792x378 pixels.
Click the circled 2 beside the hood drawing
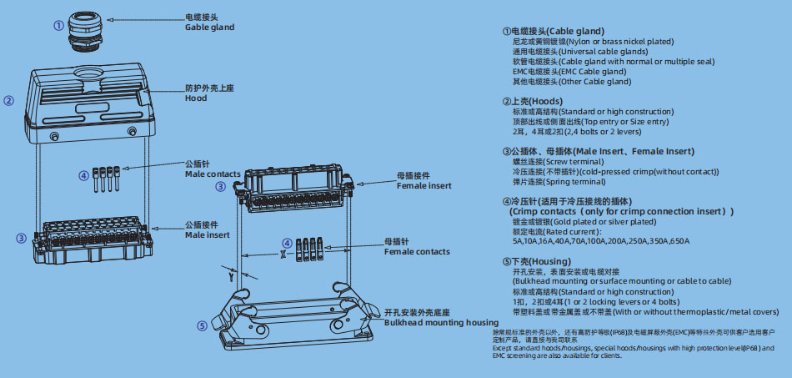[8, 101]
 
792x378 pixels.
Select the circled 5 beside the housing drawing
[202, 325]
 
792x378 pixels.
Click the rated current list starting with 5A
[601, 242]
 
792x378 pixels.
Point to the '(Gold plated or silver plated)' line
[584, 222]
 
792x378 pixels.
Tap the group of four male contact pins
[108, 178]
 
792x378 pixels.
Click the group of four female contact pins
[310, 248]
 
